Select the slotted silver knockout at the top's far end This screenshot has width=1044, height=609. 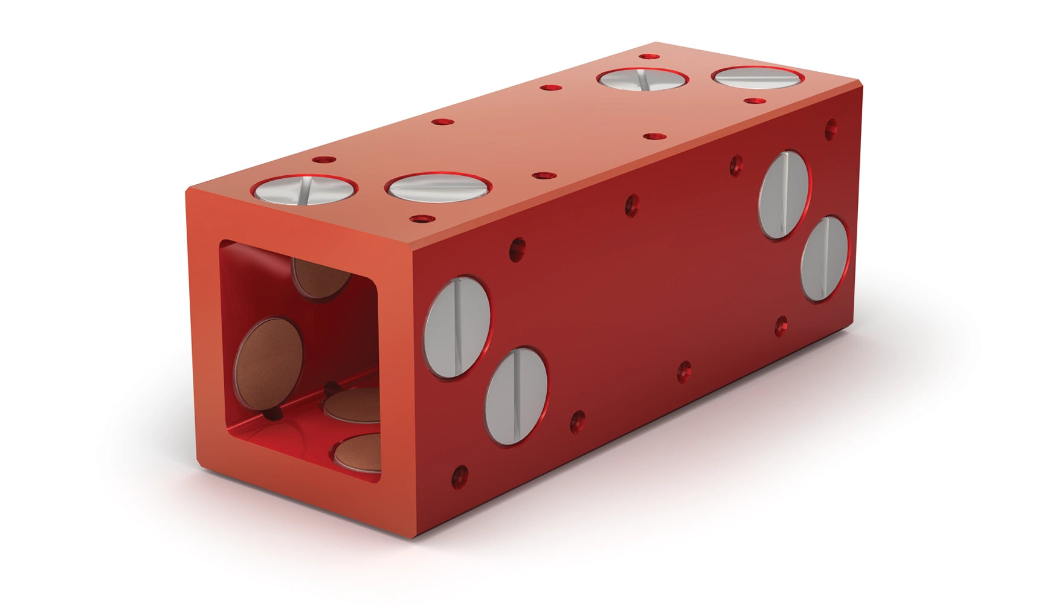[643, 80]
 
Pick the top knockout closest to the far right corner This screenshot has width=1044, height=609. [758, 77]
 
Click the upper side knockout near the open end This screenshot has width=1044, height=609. [457, 327]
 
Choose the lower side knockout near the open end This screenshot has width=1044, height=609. [517, 396]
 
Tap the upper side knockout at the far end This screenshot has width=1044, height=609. [784, 195]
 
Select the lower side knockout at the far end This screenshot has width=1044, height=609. [824, 259]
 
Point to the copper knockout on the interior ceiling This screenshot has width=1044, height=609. [320, 276]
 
